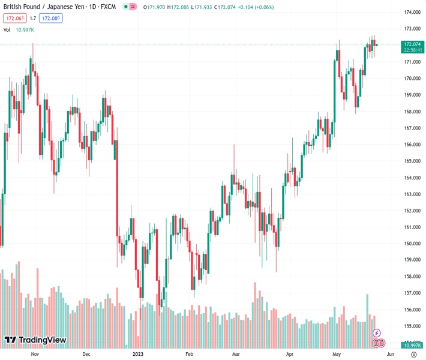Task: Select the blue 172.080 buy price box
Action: click(50, 18)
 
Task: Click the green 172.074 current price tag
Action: click(413, 44)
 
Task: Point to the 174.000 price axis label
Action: click(412, 12)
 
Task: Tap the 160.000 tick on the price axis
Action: click(412, 244)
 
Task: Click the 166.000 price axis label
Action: click(412, 145)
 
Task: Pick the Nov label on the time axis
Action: click(34, 354)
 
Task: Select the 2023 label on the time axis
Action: click(138, 354)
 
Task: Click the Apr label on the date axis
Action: click(290, 354)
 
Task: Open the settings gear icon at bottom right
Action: click(413, 354)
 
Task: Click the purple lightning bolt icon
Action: click(376, 333)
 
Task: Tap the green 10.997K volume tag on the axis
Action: click(413, 345)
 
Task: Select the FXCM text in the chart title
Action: click(107, 7)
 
